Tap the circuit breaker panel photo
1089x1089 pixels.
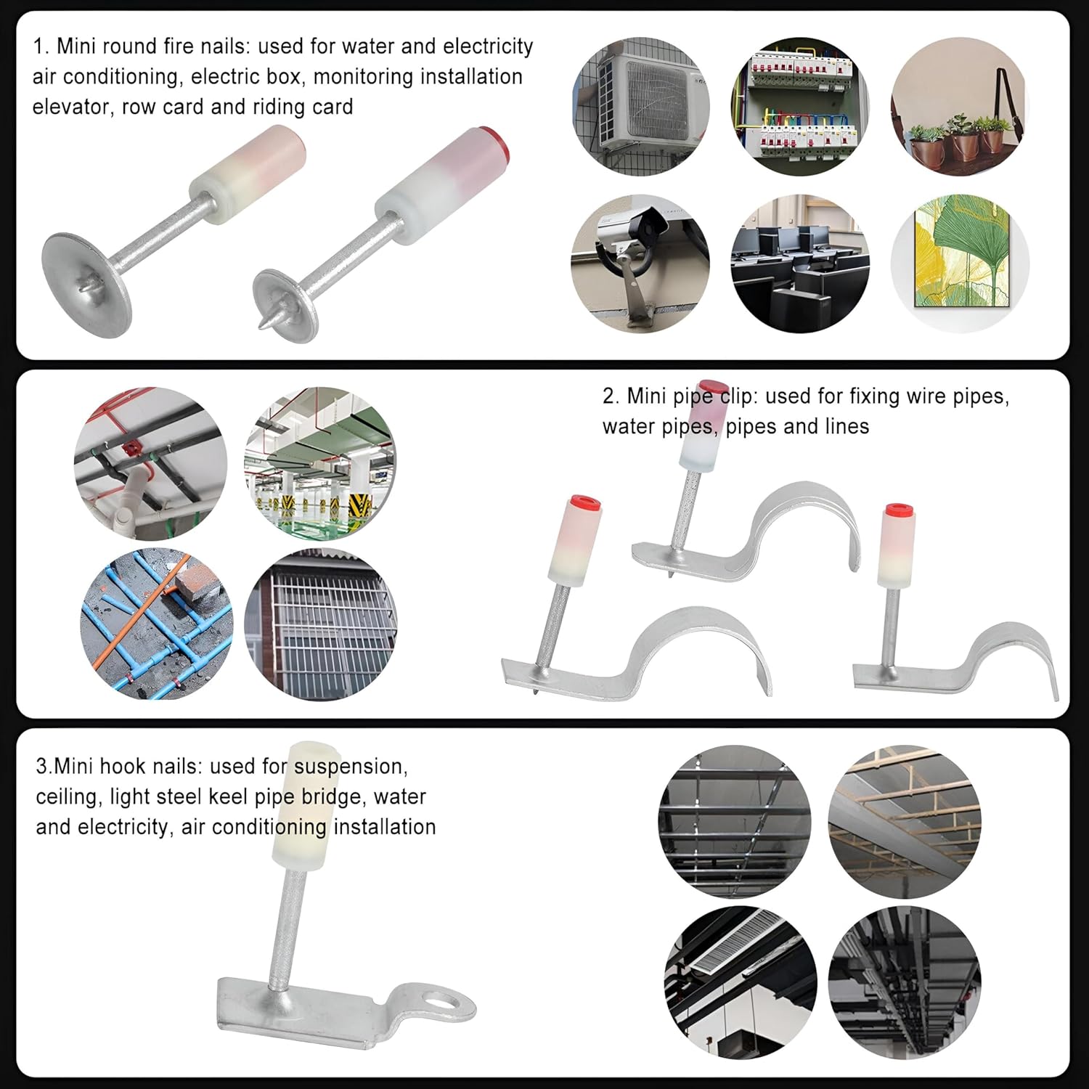click(800, 107)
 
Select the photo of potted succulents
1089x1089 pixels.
click(960, 107)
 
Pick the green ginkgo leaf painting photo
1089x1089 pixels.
click(960, 264)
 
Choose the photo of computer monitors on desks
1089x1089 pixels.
click(800, 264)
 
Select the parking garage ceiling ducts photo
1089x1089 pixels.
click(321, 463)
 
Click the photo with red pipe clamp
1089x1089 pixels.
click(150, 463)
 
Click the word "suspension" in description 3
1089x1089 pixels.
click(351, 767)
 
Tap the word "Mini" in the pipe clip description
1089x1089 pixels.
click(645, 396)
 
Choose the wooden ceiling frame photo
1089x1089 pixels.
click(905, 822)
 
